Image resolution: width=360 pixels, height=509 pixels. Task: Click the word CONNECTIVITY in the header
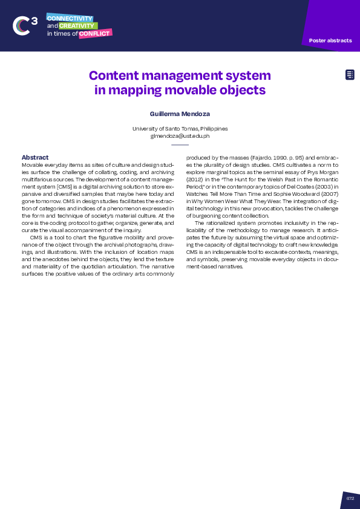(x=70, y=18)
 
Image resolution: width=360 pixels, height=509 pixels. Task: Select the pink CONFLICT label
(x=94, y=34)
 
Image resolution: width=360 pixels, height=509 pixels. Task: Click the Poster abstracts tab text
(x=330, y=41)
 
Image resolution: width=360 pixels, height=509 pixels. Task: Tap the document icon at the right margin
(x=350, y=74)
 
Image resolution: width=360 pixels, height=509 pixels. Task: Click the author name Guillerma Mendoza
(x=180, y=114)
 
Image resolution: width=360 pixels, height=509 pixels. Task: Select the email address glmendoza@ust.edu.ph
(x=180, y=136)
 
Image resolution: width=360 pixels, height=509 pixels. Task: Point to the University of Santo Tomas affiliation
(x=180, y=129)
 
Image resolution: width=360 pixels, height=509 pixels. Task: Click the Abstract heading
(x=34, y=158)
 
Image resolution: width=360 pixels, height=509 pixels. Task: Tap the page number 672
(x=350, y=498)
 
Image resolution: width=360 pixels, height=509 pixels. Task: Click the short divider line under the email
(x=180, y=145)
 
